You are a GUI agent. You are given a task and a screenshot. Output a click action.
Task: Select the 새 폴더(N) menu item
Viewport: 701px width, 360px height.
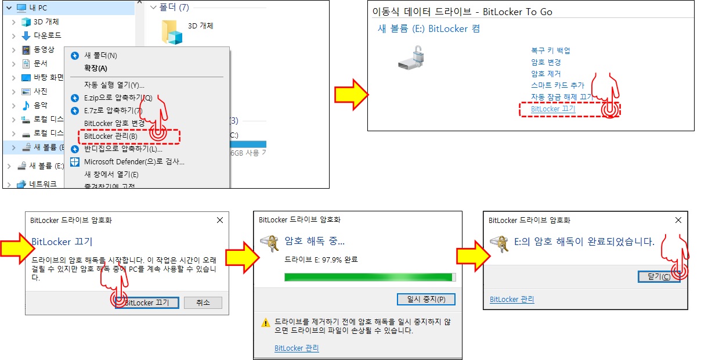[x=100, y=56]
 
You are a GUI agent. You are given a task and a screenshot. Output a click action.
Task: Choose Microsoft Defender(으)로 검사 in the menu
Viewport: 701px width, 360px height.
[x=134, y=162]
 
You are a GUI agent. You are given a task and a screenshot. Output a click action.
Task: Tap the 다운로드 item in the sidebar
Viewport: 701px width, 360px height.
[x=47, y=35]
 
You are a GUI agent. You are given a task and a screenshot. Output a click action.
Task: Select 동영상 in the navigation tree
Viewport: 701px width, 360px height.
[x=44, y=49]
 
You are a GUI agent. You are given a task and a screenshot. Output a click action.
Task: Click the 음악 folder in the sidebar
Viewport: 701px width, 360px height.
[x=40, y=105]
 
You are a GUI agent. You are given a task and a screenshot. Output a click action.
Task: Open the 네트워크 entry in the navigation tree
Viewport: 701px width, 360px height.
[x=42, y=183]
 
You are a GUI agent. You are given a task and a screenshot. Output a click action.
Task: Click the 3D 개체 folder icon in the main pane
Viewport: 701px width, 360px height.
[x=172, y=33]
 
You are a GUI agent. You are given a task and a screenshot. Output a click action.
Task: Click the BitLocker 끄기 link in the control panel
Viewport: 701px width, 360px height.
[x=553, y=109]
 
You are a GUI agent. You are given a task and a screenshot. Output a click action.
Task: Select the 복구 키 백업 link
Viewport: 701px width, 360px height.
[x=551, y=51]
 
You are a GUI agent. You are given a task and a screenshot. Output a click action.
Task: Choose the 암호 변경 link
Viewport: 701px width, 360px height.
[x=545, y=62]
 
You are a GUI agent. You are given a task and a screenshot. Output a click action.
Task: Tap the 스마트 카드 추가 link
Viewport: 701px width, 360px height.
[x=558, y=85]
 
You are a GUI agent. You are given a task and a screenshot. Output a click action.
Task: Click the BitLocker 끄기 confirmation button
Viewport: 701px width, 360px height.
[x=147, y=303]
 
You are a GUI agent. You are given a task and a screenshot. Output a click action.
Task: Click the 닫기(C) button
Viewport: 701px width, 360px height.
[x=659, y=276]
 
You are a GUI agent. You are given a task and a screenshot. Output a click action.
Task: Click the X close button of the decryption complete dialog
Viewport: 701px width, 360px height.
[x=678, y=220]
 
